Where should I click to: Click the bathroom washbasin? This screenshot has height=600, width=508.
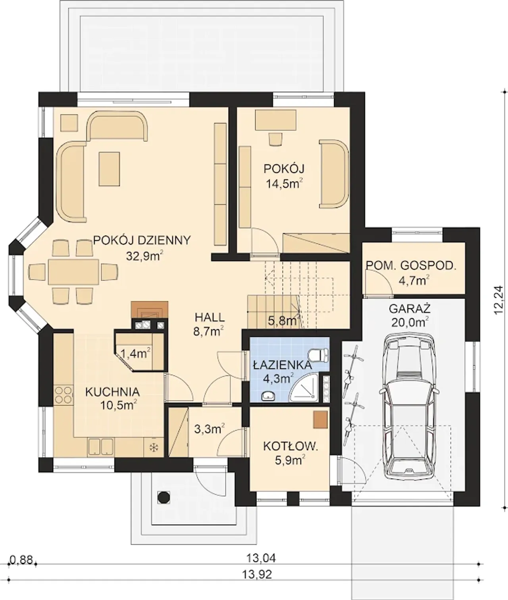pyautogui.click(x=269, y=396)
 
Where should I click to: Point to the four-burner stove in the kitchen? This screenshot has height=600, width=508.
pyautogui.click(x=63, y=395)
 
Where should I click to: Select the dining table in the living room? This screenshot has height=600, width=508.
pyautogui.click(x=73, y=271)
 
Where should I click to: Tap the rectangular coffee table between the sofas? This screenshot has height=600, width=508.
pyautogui.click(x=110, y=169)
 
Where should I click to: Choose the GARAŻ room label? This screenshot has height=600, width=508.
pyautogui.click(x=410, y=309)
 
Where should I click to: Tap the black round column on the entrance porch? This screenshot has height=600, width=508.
pyautogui.click(x=164, y=498)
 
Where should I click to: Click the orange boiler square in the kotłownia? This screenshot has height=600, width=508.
pyautogui.click(x=320, y=420)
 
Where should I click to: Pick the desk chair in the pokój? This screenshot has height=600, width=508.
pyautogui.click(x=275, y=139)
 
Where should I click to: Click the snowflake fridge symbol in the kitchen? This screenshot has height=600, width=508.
pyautogui.click(x=153, y=448)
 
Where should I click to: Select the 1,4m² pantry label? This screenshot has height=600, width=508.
pyautogui.click(x=135, y=354)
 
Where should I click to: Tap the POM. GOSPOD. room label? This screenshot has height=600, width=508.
pyautogui.click(x=411, y=265)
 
